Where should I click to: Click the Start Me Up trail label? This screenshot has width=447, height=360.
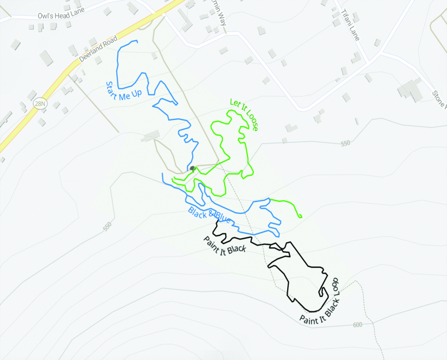coord(123,91)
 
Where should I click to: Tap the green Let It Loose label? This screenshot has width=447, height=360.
coord(244,114)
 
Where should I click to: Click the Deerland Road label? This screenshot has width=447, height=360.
coord(98,49)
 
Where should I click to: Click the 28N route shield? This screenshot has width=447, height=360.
coord(39,103)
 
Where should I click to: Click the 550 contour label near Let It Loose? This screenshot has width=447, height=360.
coord(345,143)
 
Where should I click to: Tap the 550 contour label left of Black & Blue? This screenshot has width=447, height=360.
coord(108,227)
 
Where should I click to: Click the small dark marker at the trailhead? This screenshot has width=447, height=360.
coord(192,167)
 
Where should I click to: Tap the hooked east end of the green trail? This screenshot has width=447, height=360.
coord(300,216)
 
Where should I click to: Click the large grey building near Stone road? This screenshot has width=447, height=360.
coord(411,89)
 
